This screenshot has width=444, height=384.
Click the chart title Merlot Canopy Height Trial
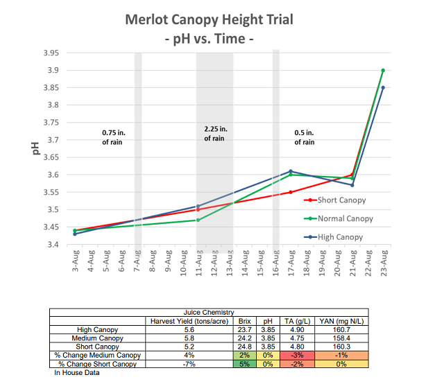coord(209,20)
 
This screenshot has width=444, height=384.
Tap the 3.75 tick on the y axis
coord(51,123)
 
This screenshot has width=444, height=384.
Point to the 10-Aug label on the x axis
coord(183,263)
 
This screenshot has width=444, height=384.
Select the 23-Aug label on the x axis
coord(384,263)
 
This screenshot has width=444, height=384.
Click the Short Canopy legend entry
coord(334,200)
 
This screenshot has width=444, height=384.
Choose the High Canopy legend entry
coord(333,237)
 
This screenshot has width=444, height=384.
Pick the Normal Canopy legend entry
coord(339,218)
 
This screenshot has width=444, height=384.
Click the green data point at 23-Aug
coord(383,70)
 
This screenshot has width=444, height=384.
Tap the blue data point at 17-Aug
coord(291,171)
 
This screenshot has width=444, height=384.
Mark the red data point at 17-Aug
coord(291,193)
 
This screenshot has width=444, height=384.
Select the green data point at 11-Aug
coord(198,220)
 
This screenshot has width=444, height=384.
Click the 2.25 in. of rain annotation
coord(216,134)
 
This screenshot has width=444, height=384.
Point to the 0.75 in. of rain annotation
coord(113,137)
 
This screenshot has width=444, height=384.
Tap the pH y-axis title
coord(35,148)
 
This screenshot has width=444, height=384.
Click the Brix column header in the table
coord(245,321)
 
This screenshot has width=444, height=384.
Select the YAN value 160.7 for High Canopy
coord(341,330)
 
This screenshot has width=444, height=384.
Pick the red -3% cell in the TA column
coord(297,355)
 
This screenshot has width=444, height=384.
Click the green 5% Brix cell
coord(245,364)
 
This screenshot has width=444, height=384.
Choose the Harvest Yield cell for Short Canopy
coord(189,347)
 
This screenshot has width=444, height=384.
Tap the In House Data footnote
coord(77,373)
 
